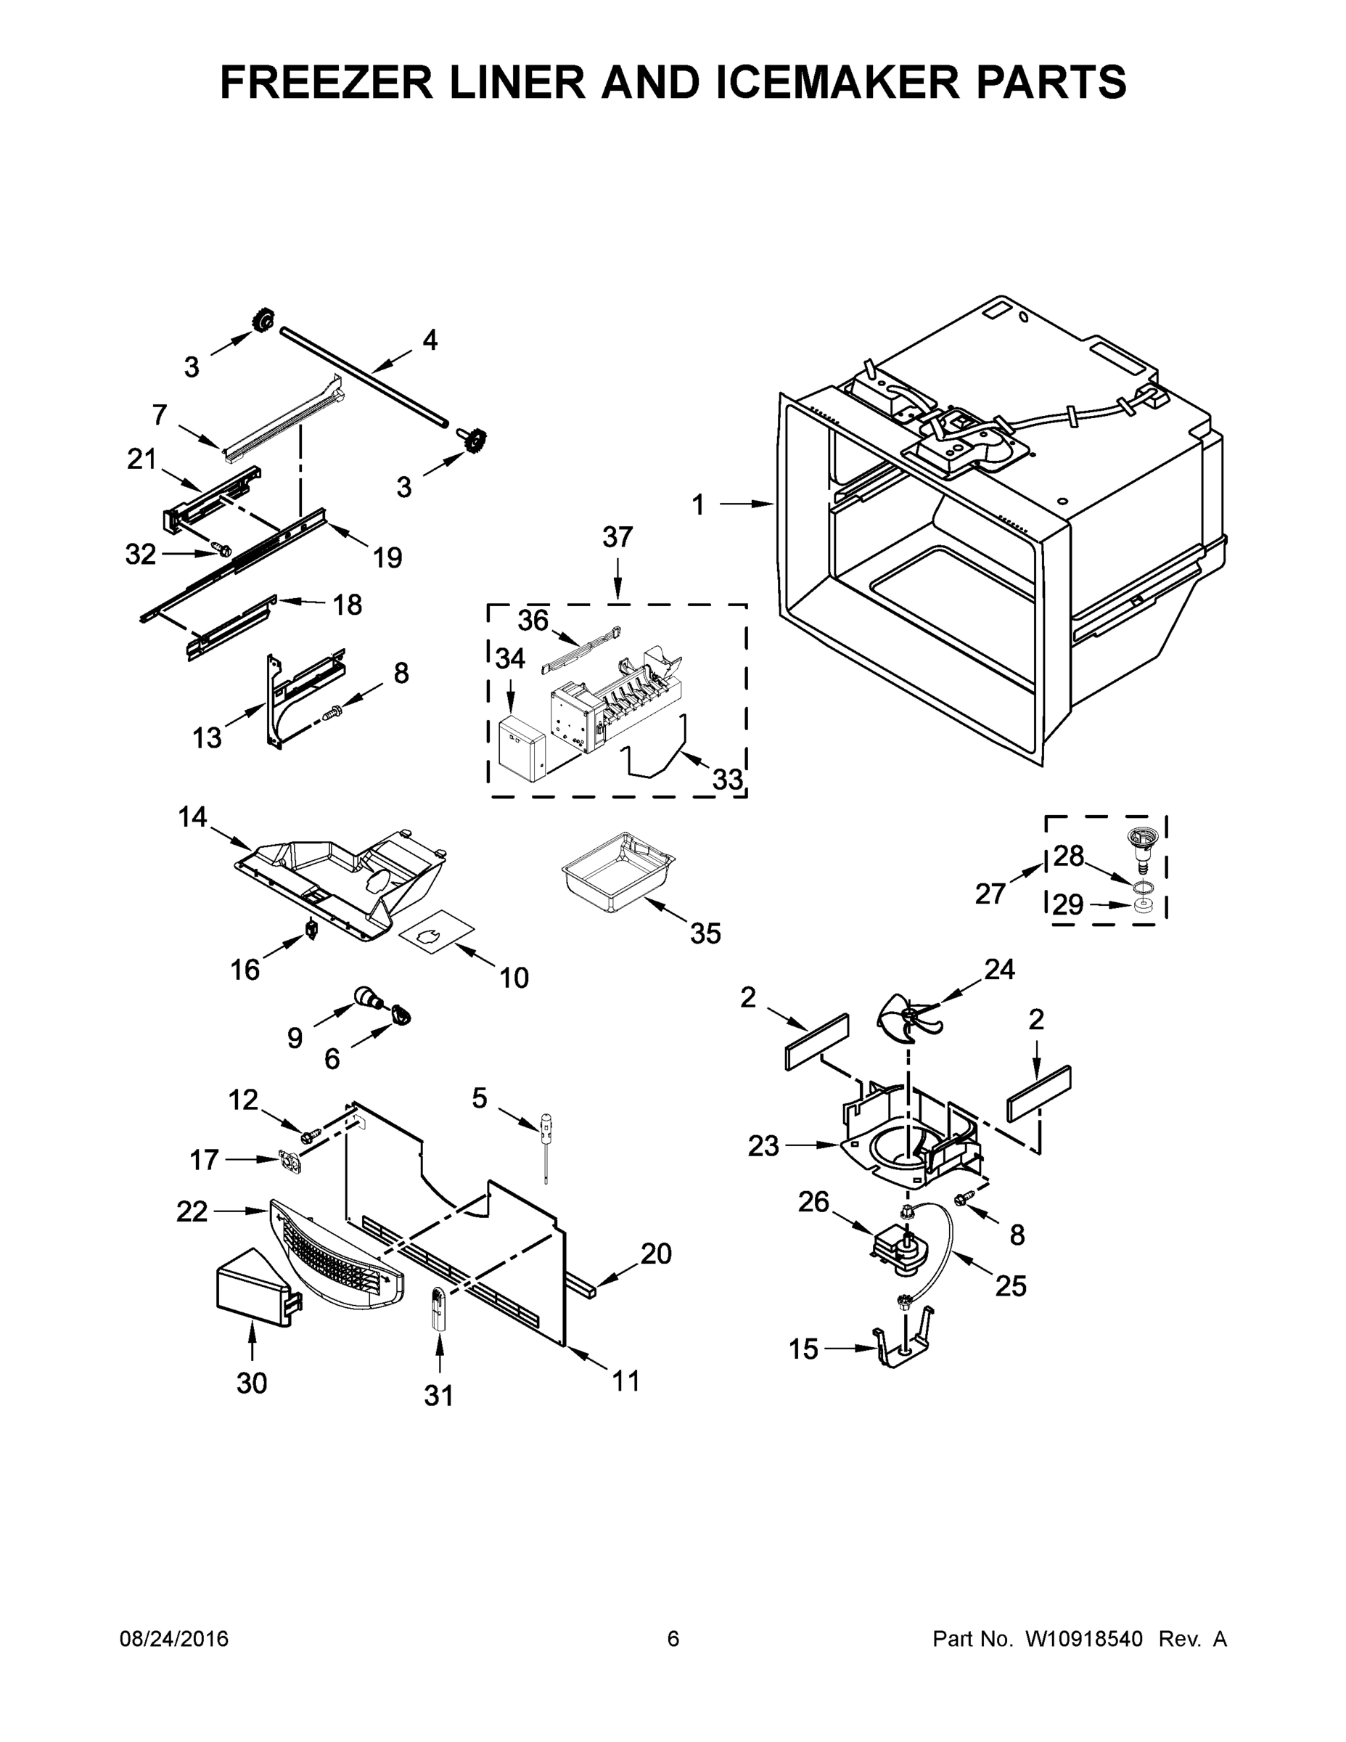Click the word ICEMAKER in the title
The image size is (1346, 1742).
(x=838, y=82)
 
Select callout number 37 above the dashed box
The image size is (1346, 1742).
(x=617, y=538)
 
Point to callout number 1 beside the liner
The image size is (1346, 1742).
(x=698, y=505)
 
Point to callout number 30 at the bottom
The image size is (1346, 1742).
(x=252, y=1383)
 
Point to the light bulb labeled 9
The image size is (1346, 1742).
(x=367, y=994)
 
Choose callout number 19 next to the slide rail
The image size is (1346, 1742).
(x=387, y=557)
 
